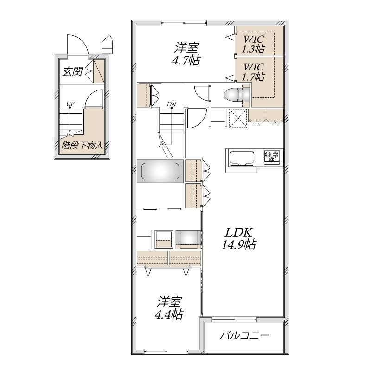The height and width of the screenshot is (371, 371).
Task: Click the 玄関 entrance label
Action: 73,71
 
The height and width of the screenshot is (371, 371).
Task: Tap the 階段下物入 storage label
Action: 82,145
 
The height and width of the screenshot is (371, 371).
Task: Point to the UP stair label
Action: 70,103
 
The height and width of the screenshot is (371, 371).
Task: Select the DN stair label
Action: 171,104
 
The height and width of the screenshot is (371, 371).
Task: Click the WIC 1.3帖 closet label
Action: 253,44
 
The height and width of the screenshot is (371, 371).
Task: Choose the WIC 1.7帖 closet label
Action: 253,72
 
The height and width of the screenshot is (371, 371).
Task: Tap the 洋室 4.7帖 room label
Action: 186,54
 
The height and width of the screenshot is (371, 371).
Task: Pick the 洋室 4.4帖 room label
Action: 169,307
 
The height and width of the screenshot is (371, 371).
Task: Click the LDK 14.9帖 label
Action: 238,238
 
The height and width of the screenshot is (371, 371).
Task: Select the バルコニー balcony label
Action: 244,335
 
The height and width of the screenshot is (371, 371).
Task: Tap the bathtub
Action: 160,171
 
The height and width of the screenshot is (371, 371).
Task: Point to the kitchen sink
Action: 241,158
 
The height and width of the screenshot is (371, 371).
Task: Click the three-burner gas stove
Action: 272,157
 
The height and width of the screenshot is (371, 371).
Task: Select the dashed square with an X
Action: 238,118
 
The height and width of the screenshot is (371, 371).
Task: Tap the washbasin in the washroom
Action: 188,239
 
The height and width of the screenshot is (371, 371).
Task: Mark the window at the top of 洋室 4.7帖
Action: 184,23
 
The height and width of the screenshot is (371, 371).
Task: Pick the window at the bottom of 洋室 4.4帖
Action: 166,351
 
